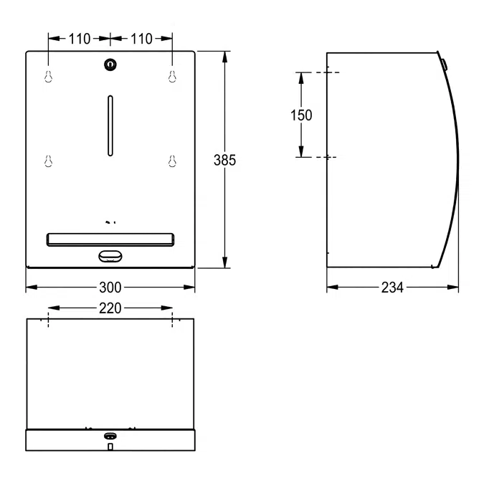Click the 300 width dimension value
tap(110, 288)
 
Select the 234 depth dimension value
tap(392, 288)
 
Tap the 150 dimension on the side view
tap(300, 115)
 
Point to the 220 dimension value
tap(110, 308)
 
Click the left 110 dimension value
tap(80, 39)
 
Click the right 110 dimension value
tap(141, 39)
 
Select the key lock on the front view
tap(110, 65)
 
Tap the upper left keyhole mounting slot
tap(48, 77)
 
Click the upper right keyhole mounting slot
tap(172, 77)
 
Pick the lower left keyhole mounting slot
tap(48, 162)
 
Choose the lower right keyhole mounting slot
tap(172, 162)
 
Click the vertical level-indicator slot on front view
tap(110, 125)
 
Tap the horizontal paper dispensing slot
tap(110, 238)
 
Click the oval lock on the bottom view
tap(110, 436)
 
